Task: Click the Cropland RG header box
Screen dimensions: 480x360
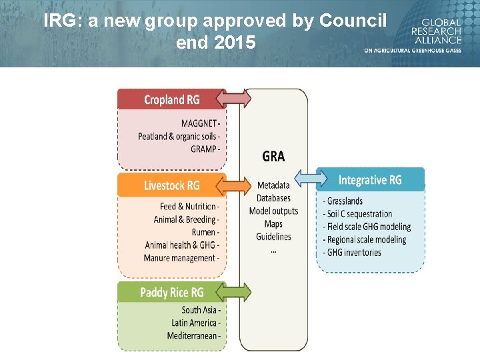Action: click(171, 99)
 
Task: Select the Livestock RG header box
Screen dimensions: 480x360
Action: click(171, 185)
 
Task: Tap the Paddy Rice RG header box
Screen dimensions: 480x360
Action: click(171, 292)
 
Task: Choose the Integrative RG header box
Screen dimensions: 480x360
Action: click(370, 179)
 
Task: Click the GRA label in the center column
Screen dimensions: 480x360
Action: click(273, 156)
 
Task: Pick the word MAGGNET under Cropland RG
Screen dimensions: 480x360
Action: click(199, 123)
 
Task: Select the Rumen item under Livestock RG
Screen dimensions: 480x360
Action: click(204, 232)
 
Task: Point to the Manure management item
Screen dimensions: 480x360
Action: click(180, 258)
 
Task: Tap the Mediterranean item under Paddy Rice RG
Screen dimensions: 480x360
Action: click(192, 335)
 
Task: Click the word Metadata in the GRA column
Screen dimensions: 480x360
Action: click(273, 185)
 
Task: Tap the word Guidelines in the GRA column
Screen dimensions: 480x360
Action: click(273, 237)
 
